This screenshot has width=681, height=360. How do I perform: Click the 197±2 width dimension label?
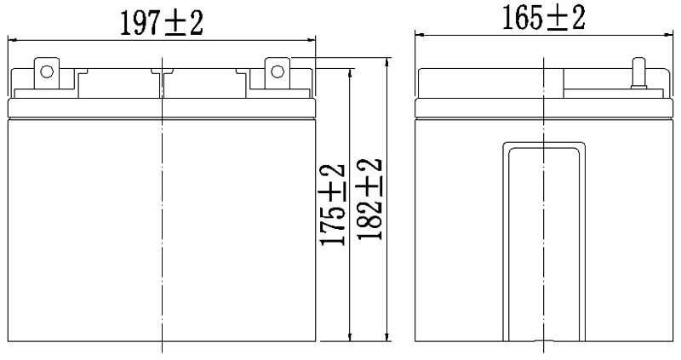161,23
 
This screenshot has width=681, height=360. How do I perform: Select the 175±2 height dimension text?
333,204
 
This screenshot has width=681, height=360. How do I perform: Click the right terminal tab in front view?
277,71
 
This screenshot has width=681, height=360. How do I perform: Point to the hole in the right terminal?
277,71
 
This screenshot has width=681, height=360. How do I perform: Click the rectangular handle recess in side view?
544,238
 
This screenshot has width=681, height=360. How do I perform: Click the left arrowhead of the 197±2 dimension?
12,40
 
